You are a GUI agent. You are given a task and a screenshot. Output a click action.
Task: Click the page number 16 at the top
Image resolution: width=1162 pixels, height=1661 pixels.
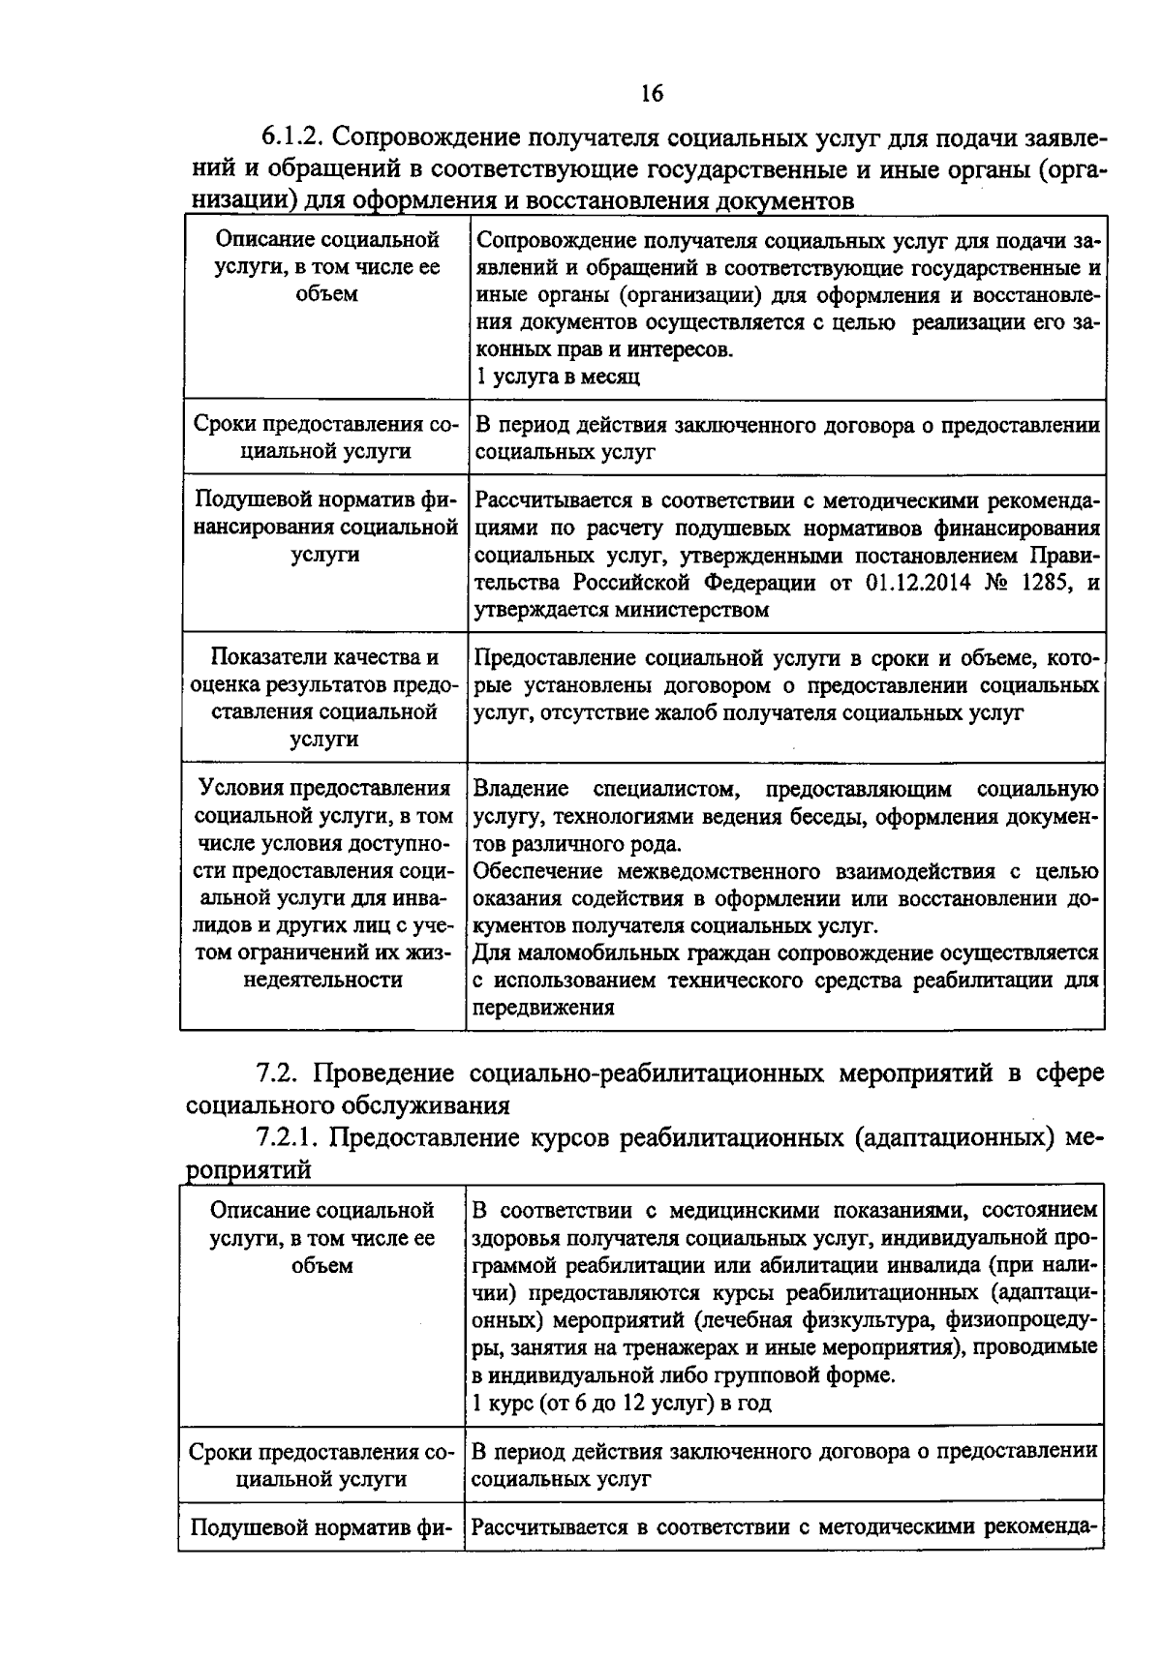click(x=651, y=93)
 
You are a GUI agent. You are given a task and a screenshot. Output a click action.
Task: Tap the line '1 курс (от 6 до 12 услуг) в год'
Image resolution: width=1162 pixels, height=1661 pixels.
click(x=622, y=1402)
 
